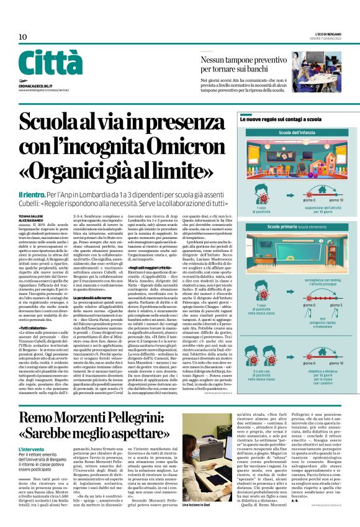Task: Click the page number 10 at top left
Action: (23, 37)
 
